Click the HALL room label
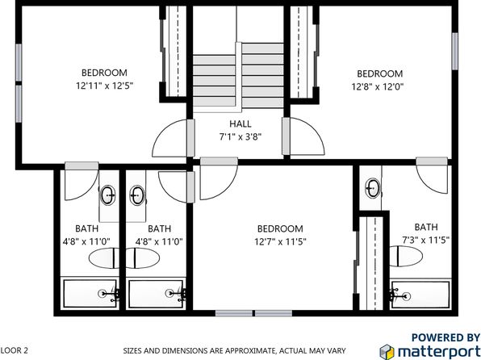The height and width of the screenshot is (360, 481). pyautogui.click(x=240, y=124)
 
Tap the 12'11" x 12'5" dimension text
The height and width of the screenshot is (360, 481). pyautogui.click(x=104, y=86)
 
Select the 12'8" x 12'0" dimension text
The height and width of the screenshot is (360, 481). pyautogui.click(x=378, y=87)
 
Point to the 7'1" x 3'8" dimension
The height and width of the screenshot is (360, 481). pyautogui.click(x=240, y=136)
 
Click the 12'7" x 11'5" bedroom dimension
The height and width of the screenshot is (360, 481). pyautogui.click(x=280, y=242)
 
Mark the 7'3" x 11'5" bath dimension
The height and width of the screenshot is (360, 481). pyautogui.click(x=426, y=240)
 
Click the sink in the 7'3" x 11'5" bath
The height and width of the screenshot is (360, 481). pyautogui.click(x=373, y=188)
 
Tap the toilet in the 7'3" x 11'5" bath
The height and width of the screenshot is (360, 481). pyautogui.click(x=405, y=256)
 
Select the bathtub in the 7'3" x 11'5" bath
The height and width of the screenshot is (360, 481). pyautogui.click(x=420, y=294)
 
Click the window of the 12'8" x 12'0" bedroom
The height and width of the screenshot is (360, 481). pyautogui.click(x=454, y=51)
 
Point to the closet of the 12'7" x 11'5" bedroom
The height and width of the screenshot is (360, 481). pyautogui.click(x=371, y=263)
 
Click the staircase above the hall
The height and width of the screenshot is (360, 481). pyautogui.click(x=238, y=75)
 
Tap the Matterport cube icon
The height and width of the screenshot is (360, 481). pyautogui.click(x=387, y=351)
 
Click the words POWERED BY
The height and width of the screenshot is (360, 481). pyautogui.click(x=445, y=337)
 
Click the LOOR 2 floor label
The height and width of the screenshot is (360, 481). pyautogui.click(x=14, y=350)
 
